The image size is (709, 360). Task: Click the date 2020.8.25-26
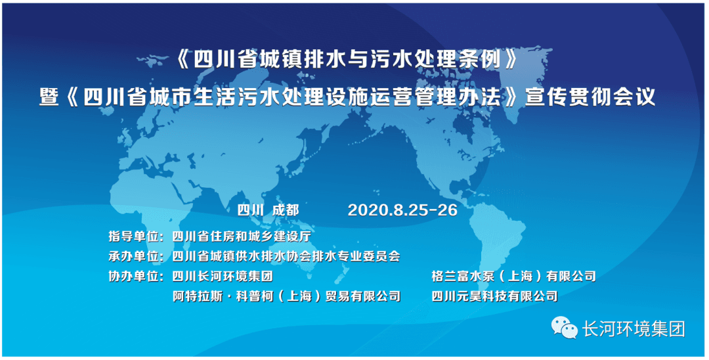click(x=402, y=210)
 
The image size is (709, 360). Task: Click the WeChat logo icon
click(x=565, y=327)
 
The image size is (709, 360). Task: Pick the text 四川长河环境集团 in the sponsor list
click(x=223, y=276)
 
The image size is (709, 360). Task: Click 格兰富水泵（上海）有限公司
click(x=513, y=276)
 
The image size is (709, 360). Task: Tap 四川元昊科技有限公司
click(x=494, y=296)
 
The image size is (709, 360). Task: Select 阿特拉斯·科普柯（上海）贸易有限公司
click(x=287, y=296)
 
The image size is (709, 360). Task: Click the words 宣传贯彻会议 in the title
click(x=590, y=97)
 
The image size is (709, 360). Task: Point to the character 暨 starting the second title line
click(x=50, y=97)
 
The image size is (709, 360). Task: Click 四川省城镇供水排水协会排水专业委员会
click(x=286, y=256)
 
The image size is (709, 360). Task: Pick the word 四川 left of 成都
click(x=250, y=210)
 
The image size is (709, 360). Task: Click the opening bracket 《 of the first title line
click(x=182, y=60)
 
